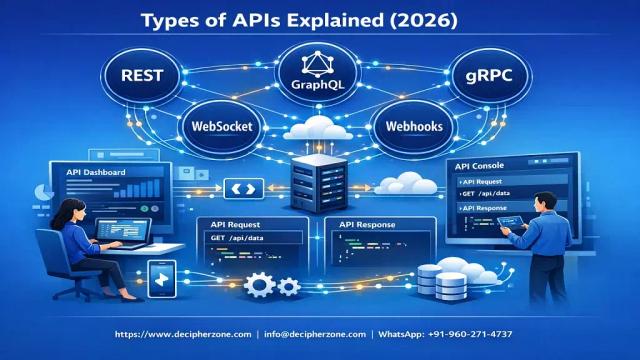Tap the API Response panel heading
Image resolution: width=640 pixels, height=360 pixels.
pos(368,223)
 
